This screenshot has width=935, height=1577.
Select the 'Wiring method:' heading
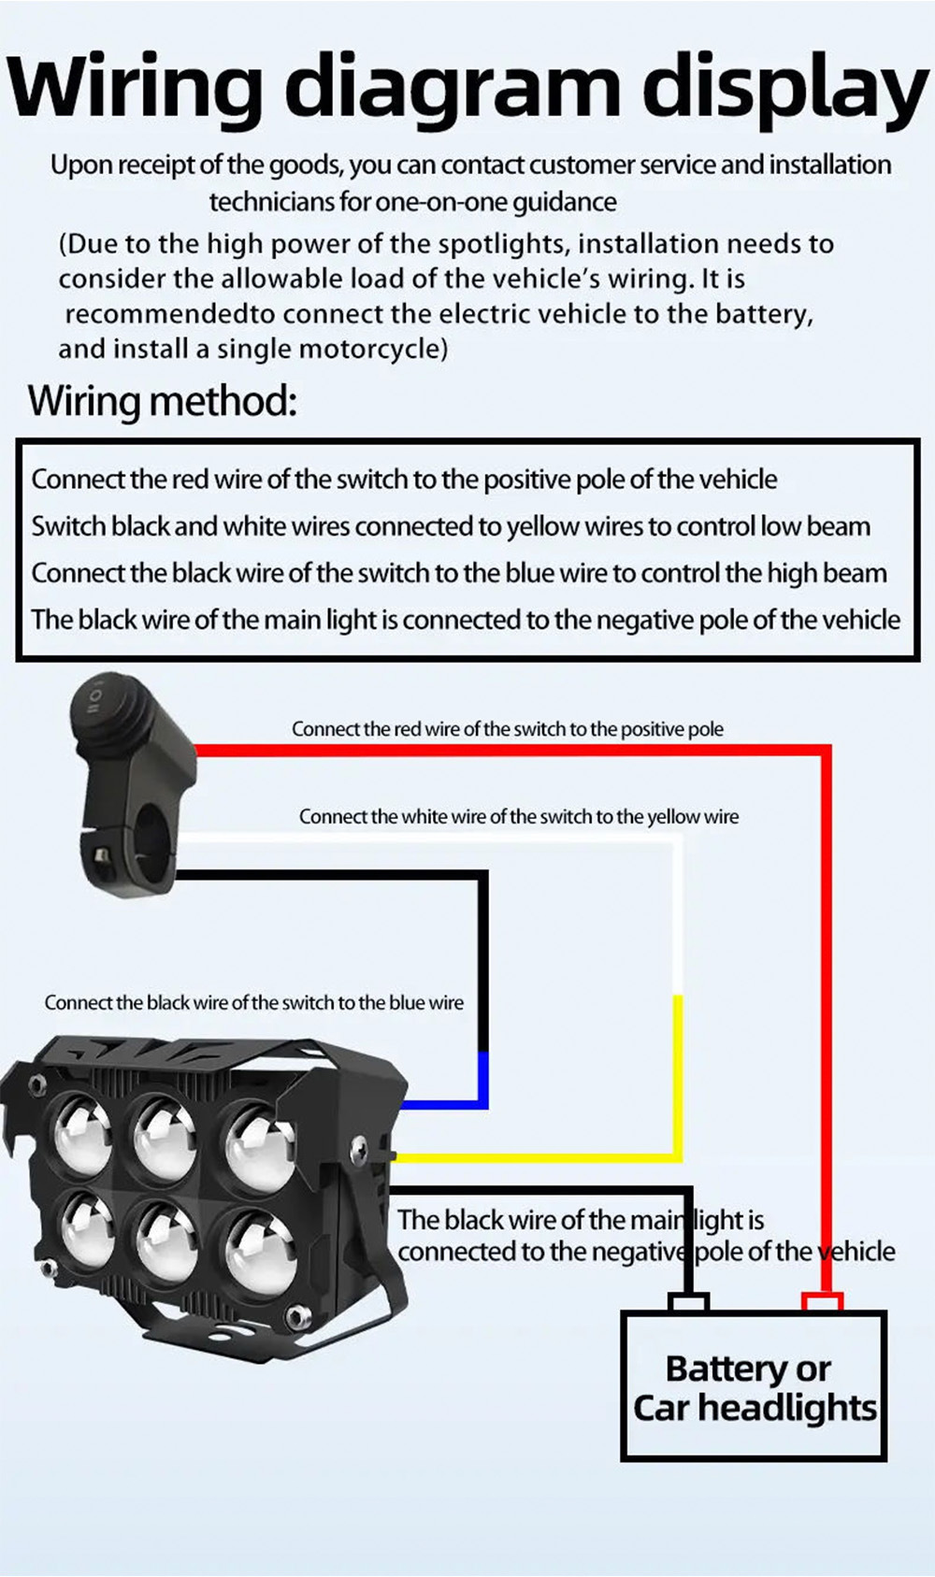coord(162,401)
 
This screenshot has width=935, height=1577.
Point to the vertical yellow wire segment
coord(678,1075)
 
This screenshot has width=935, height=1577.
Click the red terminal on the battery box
coord(822,1301)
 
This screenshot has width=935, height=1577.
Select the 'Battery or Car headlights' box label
coord(753,1387)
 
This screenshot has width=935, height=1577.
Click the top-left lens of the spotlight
coord(80,1136)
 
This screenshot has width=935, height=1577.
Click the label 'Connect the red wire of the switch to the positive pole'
coord(507,729)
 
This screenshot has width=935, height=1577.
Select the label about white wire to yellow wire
coord(518,816)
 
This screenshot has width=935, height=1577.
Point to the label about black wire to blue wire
coord(253,1002)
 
